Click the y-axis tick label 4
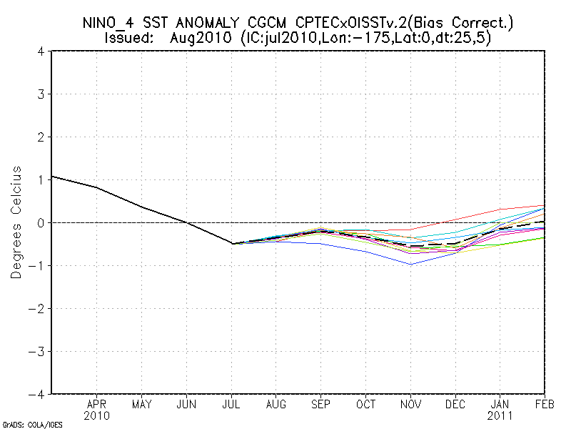tap(44, 51)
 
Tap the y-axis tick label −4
tap(40, 394)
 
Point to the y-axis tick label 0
tap(44, 222)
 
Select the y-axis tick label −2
tap(40, 308)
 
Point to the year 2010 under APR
tap(96, 415)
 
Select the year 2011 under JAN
tap(500, 415)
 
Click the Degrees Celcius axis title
tap(16, 222)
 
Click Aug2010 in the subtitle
tap(194, 37)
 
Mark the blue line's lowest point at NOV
tap(411, 264)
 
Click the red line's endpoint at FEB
tap(545, 205)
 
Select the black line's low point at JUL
tap(231, 244)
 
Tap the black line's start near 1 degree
tap(53, 176)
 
